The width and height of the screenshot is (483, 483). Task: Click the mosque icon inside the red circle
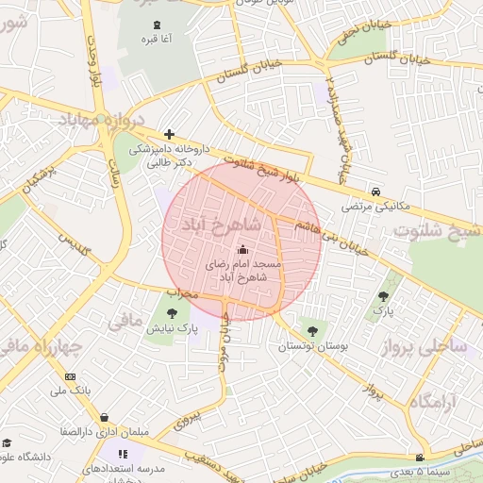click(x=242, y=250)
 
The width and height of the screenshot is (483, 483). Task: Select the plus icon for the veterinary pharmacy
click(x=169, y=134)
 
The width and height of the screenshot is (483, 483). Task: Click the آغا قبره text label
click(x=156, y=39)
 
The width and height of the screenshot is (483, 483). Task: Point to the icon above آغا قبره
click(x=156, y=24)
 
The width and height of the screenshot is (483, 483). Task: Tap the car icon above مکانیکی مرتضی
click(x=375, y=190)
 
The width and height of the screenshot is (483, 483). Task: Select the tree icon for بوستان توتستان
click(x=311, y=330)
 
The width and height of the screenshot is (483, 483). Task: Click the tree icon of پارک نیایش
click(x=172, y=313)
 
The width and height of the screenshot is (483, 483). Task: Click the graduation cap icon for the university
click(x=8, y=443)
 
